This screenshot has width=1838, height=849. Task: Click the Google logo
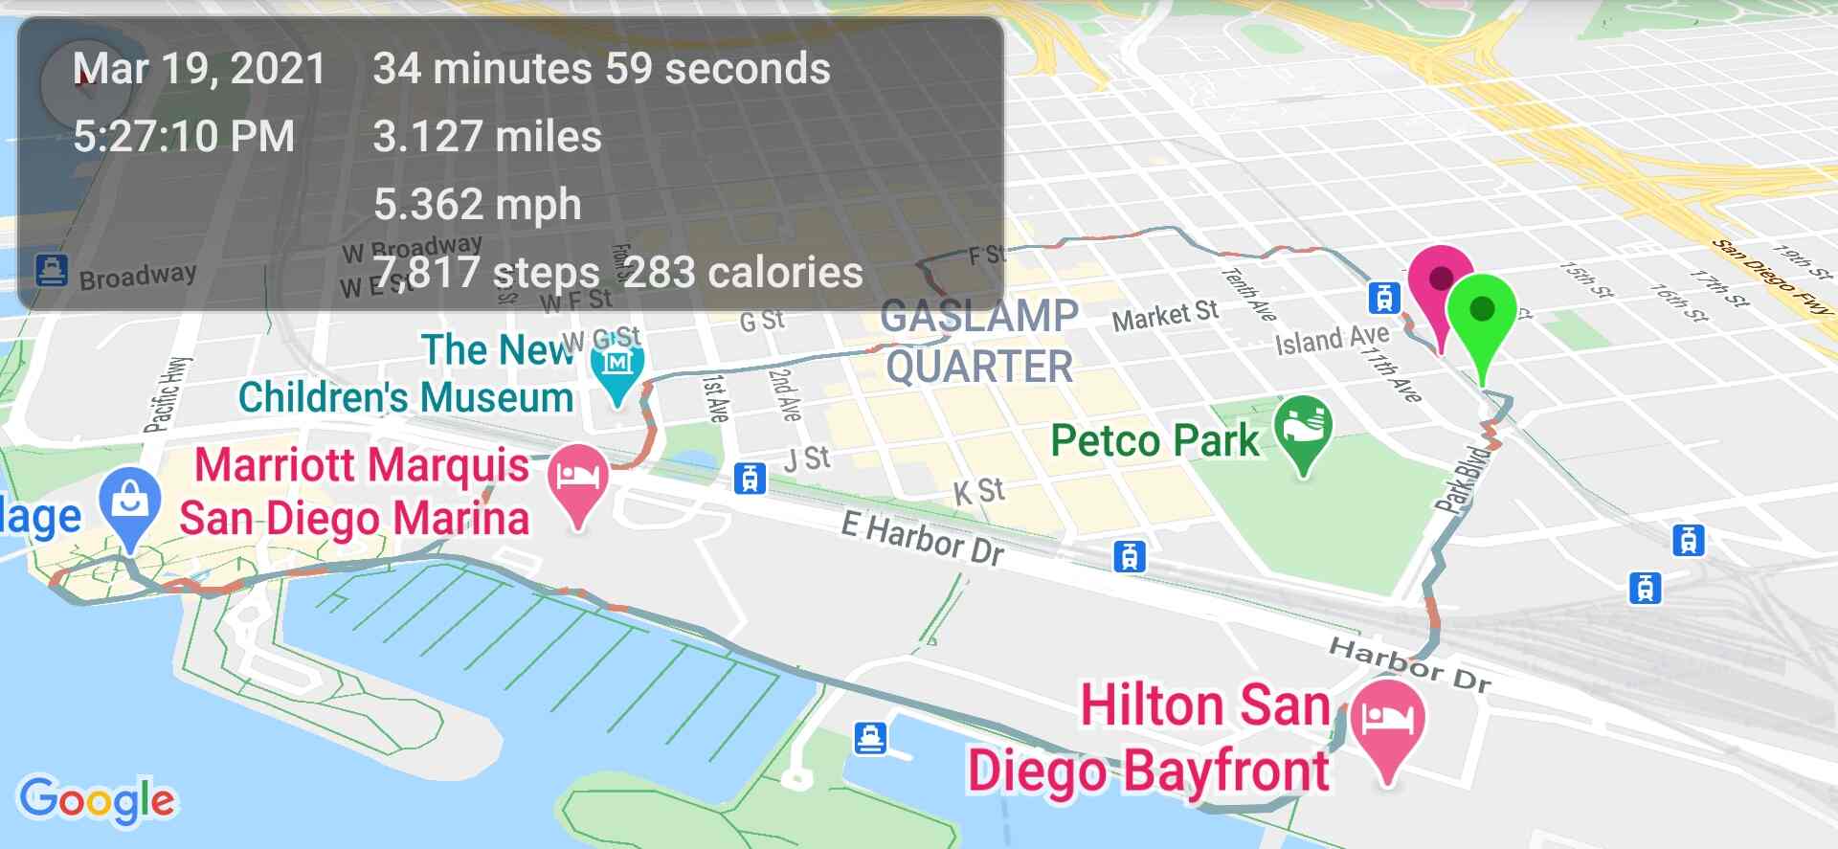[x=98, y=799]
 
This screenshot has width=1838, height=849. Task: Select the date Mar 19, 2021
[x=199, y=69]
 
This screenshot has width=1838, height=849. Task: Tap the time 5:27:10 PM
[x=184, y=136]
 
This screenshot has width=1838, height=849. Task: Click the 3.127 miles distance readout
[x=486, y=136]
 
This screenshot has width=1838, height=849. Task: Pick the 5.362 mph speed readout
[x=477, y=204]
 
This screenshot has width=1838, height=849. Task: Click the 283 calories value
[x=743, y=272]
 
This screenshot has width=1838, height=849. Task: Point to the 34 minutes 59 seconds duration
[x=601, y=69]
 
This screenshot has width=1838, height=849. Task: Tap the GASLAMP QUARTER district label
[x=979, y=341]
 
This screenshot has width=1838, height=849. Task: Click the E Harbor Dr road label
[x=923, y=538]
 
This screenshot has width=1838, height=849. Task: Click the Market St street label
[x=1165, y=315]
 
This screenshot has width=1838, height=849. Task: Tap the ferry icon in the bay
[x=870, y=738]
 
